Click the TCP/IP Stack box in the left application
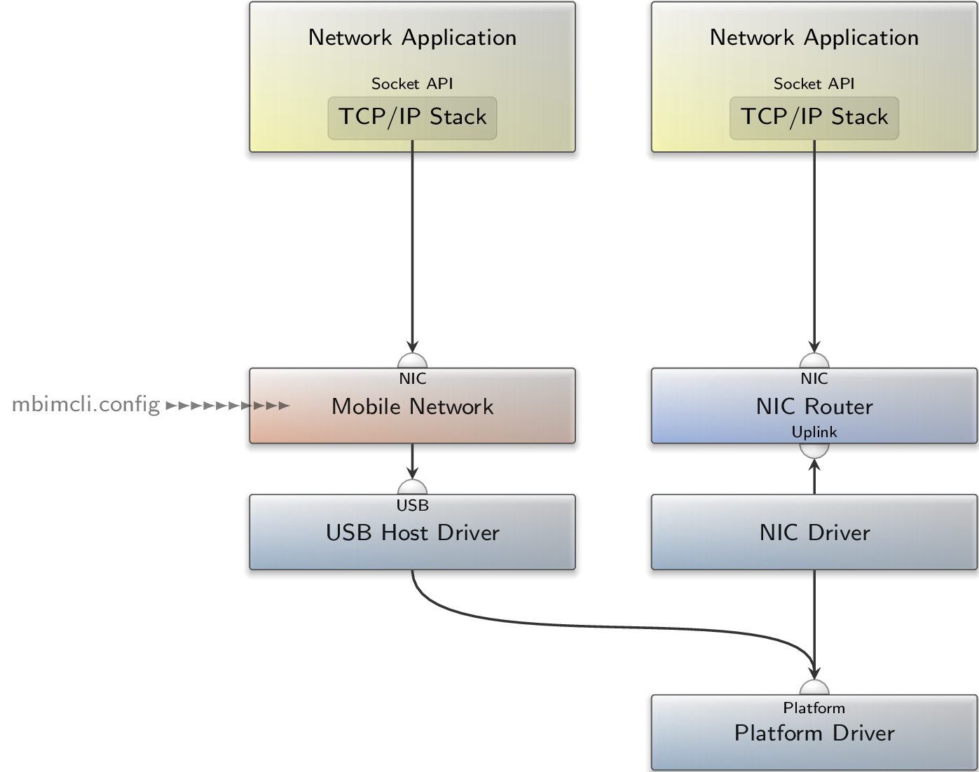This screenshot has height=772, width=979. [412, 118]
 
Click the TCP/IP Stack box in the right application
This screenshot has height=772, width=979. [814, 118]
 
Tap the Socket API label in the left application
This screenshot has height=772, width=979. [412, 84]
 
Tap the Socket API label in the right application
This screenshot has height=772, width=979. [814, 84]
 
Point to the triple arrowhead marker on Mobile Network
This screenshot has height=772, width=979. [271, 406]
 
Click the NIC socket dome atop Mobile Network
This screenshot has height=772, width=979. [412, 361]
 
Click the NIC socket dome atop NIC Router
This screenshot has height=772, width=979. [814, 361]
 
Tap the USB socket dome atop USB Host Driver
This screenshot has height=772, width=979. [412, 488]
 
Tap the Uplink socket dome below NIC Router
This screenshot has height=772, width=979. [814, 450]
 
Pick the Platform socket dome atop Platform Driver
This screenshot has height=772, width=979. [814, 688]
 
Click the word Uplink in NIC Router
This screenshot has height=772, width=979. [814, 432]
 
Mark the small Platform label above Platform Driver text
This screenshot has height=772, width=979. [814, 708]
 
